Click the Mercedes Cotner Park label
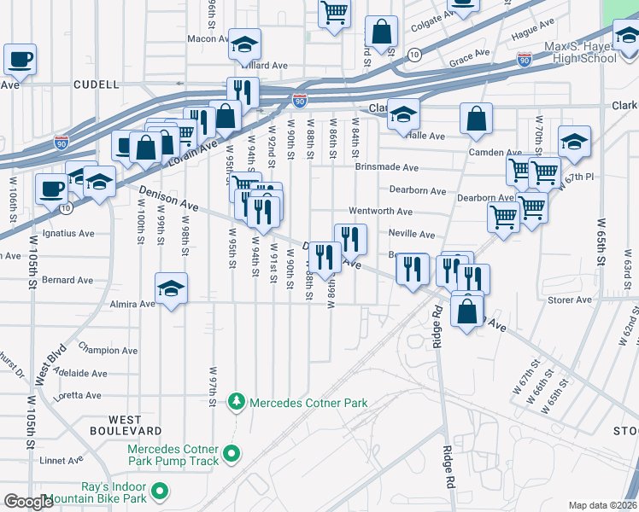(x=308, y=403)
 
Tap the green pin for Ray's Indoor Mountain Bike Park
(x=160, y=492)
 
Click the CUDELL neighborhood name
(x=96, y=84)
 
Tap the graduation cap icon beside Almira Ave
(x=172, y=288)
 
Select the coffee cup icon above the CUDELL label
(x=20, y=60)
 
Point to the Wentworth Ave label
(x=380, y=212)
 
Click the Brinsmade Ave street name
(x=387, y=168)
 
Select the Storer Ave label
(x=570, y=300)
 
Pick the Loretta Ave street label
(x=78, y=395)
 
